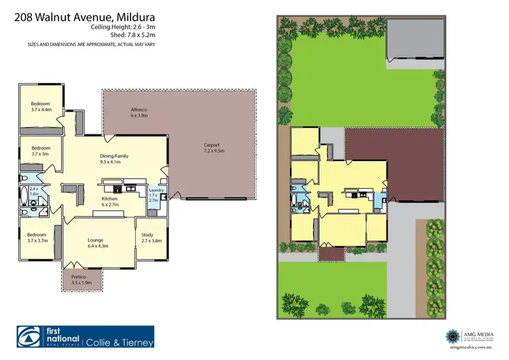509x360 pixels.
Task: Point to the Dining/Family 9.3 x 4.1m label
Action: click(114, 159)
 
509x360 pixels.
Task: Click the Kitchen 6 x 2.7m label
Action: click(110, 201)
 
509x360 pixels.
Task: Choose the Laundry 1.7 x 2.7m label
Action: click(153, 196)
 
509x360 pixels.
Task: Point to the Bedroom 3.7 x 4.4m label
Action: click(40, 107)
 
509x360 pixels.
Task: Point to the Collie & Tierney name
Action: click(119, 342)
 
